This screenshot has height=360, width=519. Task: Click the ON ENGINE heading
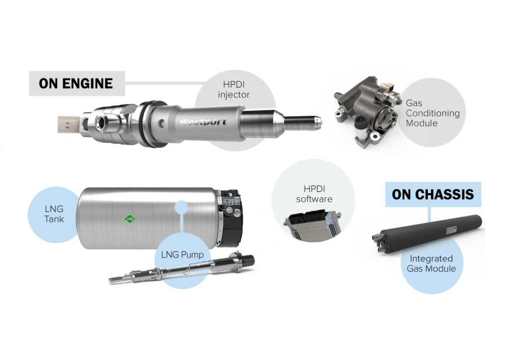pyautogui.click(x=76, y=84)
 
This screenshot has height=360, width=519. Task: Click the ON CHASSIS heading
pyautogui.click(x=433, y=194)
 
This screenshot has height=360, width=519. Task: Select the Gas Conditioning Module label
pyautogui.click(x=432, y=113)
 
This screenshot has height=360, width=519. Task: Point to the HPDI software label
pyautogui.click(x=314, y=194)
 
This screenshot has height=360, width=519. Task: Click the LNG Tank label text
pyautogui.click(x=54, y=214)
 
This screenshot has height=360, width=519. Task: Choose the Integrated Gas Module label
pyautogui.click(x=431, y=264)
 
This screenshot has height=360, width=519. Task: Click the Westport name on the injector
pyautogui.click(x=203, y=122)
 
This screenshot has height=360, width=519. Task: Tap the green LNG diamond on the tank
pyautogui.click(x=131, y=219)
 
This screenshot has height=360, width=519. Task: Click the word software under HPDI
pyautogui.click(x=314, y=199)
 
